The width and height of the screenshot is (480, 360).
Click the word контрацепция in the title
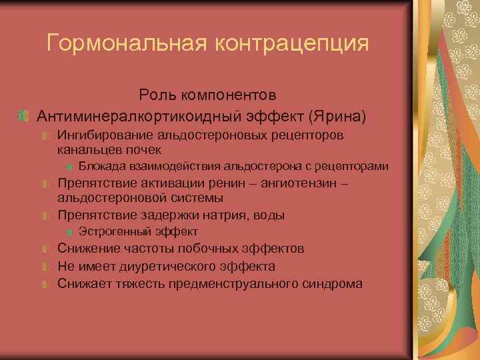pos(291,43)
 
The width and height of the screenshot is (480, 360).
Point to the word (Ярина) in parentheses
pos(337,116)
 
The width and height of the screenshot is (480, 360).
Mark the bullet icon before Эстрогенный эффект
pos(70,232)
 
